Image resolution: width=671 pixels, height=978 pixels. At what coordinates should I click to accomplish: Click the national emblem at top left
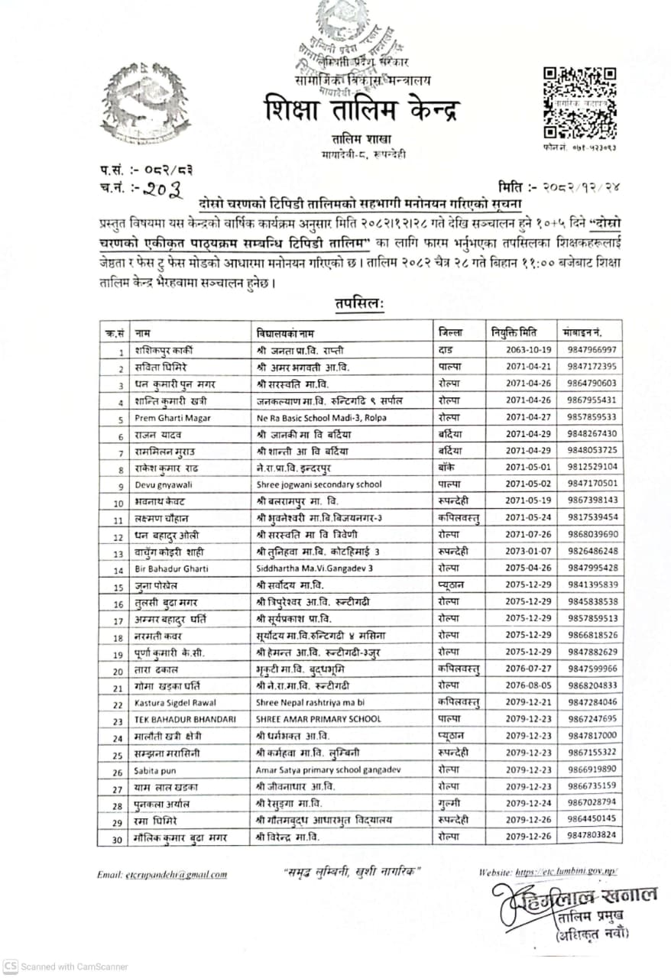pos(147,103)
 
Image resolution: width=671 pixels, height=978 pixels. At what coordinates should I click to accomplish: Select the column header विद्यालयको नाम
pos(285,333)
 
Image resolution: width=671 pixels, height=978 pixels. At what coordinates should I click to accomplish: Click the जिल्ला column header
pos(452,332)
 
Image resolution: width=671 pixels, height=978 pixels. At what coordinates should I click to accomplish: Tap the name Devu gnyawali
pos(163,484)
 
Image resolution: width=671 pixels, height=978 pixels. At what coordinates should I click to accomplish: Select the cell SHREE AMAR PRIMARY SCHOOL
pos(318,720)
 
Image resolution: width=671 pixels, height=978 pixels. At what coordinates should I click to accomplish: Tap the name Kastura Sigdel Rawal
pos(175,702)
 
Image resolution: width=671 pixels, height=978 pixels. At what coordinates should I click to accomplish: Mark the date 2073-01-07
pos(523,551)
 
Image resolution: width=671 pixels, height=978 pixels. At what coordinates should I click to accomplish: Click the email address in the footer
pos(177,874)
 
